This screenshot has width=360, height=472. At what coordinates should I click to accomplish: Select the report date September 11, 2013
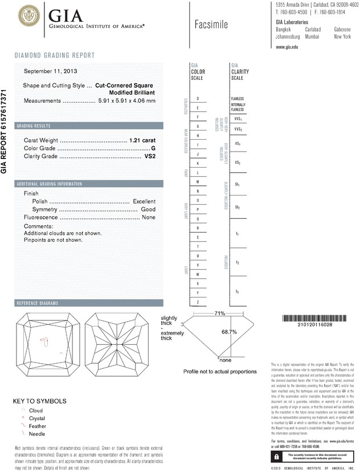point(51,71)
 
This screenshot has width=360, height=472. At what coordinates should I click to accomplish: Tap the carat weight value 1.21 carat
point(142,140)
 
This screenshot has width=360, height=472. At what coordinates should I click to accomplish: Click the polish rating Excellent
point(144,201)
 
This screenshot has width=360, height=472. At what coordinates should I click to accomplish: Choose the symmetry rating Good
point(148,209)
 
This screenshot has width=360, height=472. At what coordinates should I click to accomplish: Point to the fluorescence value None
point(149,217)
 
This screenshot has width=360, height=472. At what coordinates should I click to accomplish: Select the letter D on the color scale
point(198,99)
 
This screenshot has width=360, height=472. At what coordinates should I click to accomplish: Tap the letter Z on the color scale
point(198,301)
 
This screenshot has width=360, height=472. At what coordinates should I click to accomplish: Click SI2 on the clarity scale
point(238,207)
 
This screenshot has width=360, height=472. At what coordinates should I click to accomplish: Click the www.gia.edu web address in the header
point(287,47)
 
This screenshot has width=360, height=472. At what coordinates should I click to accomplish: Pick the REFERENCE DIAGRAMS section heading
point(39,303)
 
